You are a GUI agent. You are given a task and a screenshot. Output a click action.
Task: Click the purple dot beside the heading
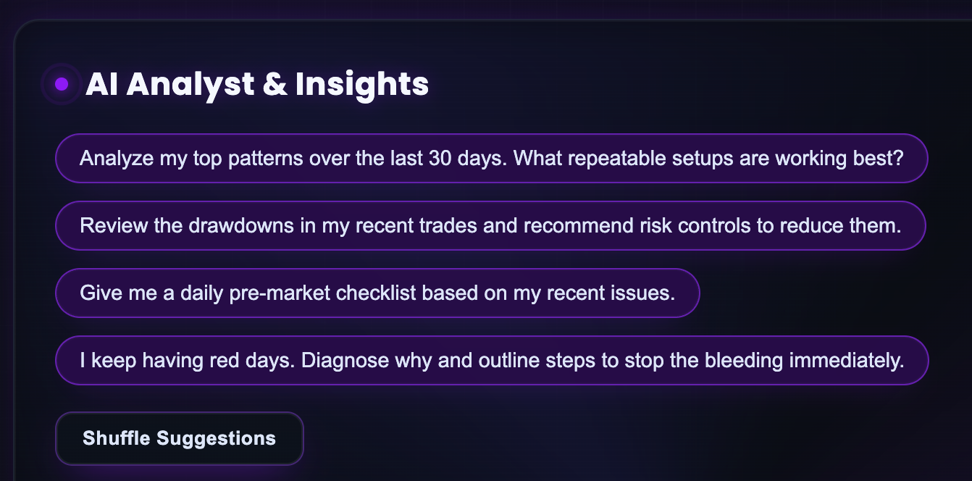pos(62,85)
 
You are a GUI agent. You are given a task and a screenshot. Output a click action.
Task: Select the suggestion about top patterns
pos(491,158)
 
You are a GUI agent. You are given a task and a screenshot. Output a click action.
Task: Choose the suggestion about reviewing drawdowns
pos(490,225)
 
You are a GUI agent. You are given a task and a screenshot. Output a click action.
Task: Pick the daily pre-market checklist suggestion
pos(377,293)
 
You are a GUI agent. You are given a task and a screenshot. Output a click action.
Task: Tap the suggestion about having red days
pos(491,360)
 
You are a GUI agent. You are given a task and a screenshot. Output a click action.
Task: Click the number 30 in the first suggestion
pos(435,158)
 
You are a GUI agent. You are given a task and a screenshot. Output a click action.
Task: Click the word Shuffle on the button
pos(117,438)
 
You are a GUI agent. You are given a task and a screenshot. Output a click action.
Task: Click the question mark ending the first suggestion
pos(899,158)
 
